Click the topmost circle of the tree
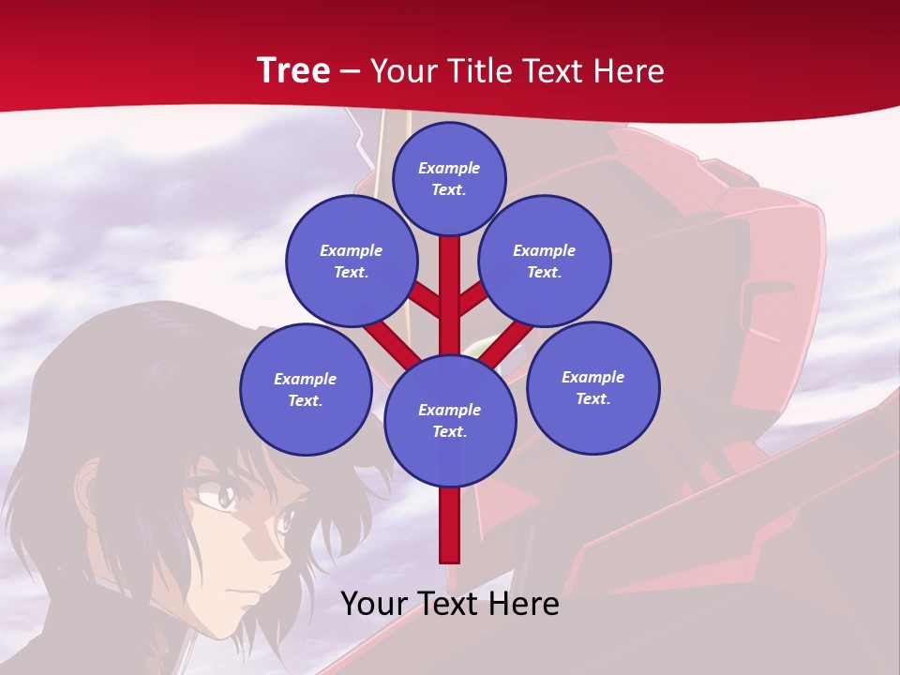pos(449,178)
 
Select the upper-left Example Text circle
pos(352,261)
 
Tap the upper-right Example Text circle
pos(545,261)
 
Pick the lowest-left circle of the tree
pos(306,389)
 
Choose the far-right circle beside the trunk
pos(592,387)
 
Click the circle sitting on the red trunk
pos(450,420)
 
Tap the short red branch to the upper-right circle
pos(472,299)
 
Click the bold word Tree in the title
pos(292,70)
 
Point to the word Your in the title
pos(402,70)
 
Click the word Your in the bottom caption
pos(375,604)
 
